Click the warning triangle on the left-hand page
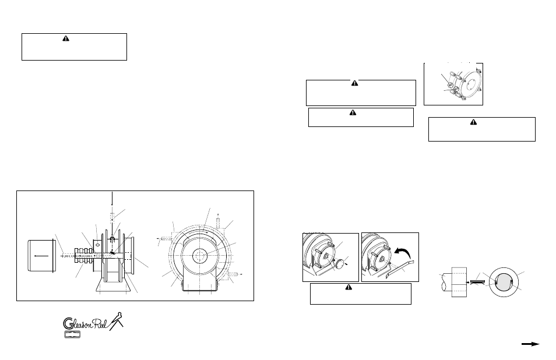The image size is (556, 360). pyautogui.click(x=65, y=38)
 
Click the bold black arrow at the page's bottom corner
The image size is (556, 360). pyautogui.click(x=530, y=344)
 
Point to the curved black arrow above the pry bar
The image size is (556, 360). pyautogui.click(x=402, y=253)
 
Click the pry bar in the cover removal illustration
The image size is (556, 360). pyautogui.click(x=397, y=269)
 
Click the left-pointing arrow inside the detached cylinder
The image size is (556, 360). pyautogui.click(x=41, y=255)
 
